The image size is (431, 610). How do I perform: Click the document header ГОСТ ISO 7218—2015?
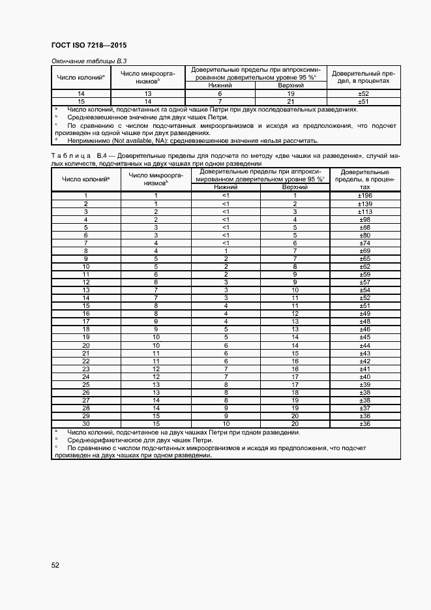88,46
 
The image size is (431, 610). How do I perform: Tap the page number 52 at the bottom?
56,565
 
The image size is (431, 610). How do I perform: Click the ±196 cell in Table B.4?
365,196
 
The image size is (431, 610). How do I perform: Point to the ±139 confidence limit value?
365,204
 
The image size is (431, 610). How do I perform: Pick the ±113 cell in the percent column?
365,211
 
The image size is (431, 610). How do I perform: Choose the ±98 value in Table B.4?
365,219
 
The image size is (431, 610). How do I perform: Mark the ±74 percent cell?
365,243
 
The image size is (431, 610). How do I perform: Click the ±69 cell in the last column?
365,251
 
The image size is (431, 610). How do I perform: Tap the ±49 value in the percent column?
365,313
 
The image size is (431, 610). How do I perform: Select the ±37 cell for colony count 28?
365,408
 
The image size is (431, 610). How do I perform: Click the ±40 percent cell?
365,376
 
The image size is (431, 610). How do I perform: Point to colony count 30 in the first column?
85,423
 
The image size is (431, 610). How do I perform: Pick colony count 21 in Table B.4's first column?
85,353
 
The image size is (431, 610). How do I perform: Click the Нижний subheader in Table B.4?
225,187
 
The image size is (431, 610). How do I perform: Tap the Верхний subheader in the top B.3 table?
291,85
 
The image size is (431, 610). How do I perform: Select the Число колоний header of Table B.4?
85,178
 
